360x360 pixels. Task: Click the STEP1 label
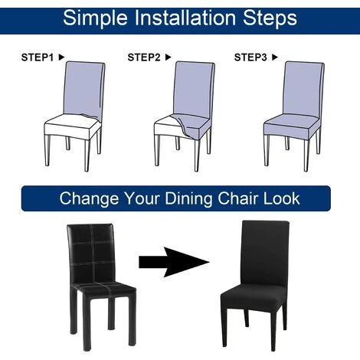(x=38, y=57)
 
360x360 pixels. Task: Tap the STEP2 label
(x=144, y=57)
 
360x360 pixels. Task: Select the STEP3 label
(x=250, y=57)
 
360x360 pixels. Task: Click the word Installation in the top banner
(x=185, y=18)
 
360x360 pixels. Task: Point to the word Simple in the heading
(x=95, y=18)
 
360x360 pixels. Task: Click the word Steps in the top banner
(x=270, y=18)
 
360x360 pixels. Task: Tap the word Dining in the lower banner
(x=188, y=199)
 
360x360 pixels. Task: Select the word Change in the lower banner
(x=89, y=199)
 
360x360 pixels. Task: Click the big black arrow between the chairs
(x=174, y=262)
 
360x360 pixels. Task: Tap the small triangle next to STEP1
(x=61, y=57)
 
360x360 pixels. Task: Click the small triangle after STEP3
(x=274, y=57)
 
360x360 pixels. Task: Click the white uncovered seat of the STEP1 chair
(x=71, y=126)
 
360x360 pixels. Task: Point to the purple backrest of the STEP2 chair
(x=194, y=90)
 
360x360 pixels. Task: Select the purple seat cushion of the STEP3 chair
(x=292, y=126)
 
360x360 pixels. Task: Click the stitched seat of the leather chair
(x=103, y=290)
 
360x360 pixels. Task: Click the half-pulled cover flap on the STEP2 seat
(x=191, y=126)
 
